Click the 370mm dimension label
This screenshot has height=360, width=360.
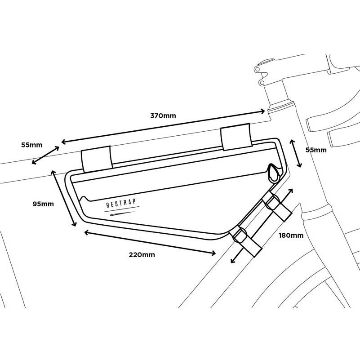click(x=163, y=116)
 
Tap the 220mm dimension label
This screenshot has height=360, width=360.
click(x=142, y=255)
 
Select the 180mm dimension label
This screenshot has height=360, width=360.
click(x=291, y=236)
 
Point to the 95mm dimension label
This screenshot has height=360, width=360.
click(x=43, y=204)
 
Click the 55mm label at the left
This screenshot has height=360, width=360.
click(x=32, y=145)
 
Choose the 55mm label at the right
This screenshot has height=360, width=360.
click(x=316, y=150)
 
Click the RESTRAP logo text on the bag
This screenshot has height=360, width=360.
click(x=121, y=203)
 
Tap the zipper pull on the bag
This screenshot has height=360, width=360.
click(x=273, y=173)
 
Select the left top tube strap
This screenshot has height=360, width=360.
click(x=97, y=159)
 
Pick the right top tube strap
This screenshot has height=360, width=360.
click(x=236, y=137)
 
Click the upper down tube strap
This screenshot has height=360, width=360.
click(x=277, y=206)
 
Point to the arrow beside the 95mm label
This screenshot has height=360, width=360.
click(x=64, y=198)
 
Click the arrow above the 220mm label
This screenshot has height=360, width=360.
click(x=150, y=243)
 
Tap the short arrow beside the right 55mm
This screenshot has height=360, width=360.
click(x=296, y=153)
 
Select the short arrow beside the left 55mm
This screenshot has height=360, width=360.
click(x=45, y=155)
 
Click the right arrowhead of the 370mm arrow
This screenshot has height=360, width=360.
click(x=262, y=111)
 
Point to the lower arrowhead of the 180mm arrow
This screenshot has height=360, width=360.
click(x=234, y=260)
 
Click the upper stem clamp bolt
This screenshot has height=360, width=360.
click(x=257, y=69)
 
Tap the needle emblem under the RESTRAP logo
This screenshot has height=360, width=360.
click(x=122, y=214)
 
